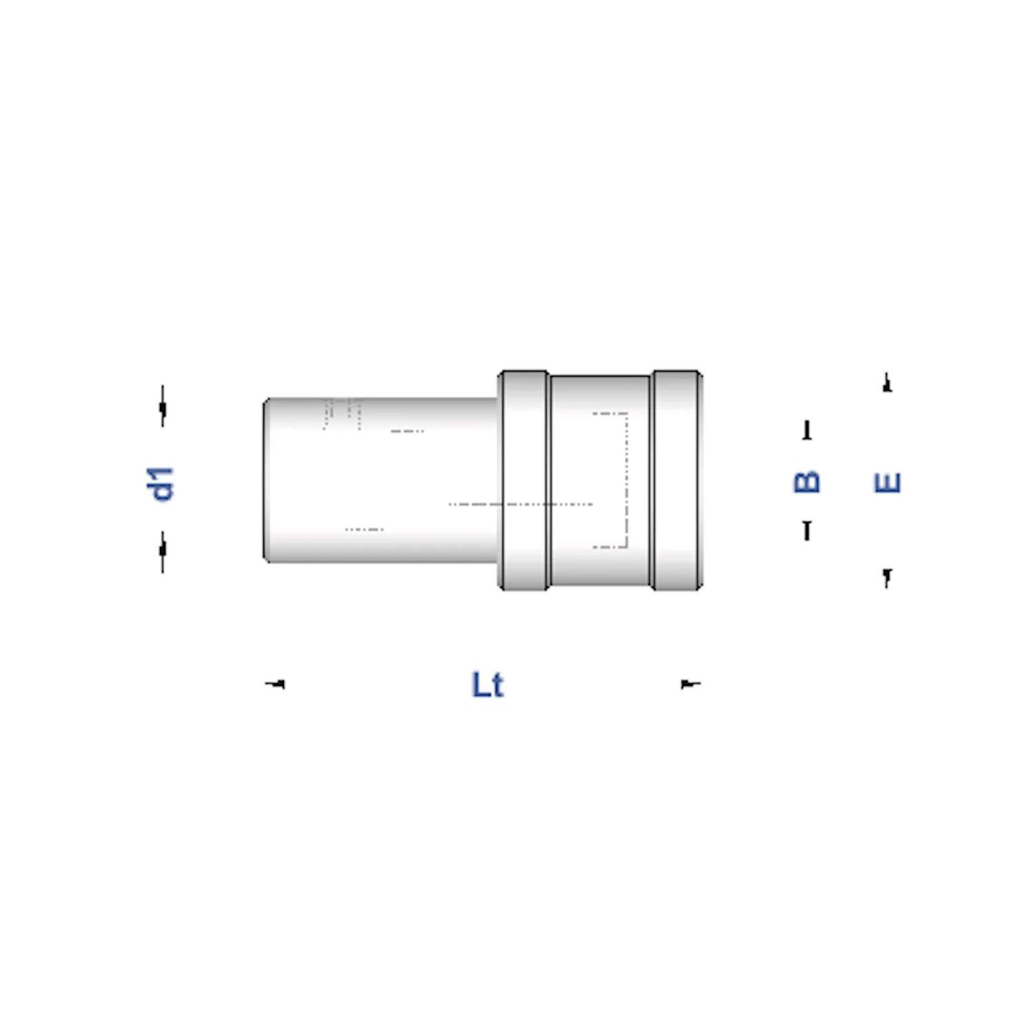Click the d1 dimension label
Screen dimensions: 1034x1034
click(x=163, y=483)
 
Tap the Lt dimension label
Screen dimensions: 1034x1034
click(x=487, y=685)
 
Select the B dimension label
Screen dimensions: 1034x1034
click(x=807, y=482)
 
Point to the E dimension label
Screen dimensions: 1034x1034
click(x=887, y=483)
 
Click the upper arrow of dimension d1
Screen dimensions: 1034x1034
click(x=163, y=407)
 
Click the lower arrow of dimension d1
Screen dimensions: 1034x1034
click(x=163, y=550)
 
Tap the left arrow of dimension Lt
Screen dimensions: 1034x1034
click(x=276, y=684)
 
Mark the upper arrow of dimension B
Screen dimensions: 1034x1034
click(x=807, y=431)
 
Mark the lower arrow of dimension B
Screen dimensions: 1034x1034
click(x=807, y=530)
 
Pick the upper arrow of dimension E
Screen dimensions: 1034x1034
click(x=887, y=383)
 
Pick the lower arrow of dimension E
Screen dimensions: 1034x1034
click(x=887, y=577)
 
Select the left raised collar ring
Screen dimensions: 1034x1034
click(x=524, y=480)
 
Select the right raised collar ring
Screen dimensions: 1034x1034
click(x=677, y=480)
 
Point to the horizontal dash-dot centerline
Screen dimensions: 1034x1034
click(x=520, y=505)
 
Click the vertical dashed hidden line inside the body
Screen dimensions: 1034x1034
click(x=627, y=480)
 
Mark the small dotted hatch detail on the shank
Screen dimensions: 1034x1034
click(x=343, y=413)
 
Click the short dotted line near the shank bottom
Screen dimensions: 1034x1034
click(x=364, y=529)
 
